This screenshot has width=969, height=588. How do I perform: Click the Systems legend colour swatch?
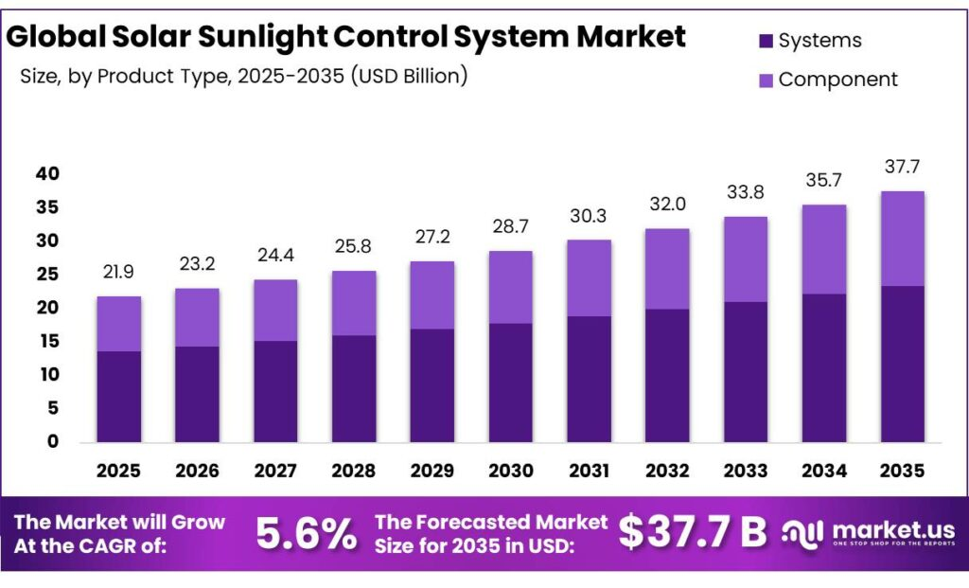point(766,42)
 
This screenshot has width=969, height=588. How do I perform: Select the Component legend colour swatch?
point(766,80)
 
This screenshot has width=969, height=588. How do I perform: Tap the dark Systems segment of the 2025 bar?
point(118,397)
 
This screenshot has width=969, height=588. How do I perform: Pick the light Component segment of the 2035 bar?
point(902,239)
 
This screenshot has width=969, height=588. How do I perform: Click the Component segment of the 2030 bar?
point(510,287)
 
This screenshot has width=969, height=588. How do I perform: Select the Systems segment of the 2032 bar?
point(667,375)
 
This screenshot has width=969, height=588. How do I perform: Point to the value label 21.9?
point(118,272)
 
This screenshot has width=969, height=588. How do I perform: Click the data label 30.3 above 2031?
point(589,216)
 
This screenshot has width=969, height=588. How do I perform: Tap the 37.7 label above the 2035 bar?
point(902,167)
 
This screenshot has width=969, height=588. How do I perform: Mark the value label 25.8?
point(353,247)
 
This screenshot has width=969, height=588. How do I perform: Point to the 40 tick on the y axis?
point(47,173)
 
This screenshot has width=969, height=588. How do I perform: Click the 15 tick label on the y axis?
point(48,341)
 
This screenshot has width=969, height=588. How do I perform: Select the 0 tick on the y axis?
point(53,441)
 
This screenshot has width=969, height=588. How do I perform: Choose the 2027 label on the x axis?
point(275,472)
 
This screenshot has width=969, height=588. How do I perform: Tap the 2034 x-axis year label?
point(824,472)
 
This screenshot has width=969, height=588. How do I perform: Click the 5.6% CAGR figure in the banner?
point(307,533)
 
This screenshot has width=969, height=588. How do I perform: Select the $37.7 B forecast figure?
point(693,532)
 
